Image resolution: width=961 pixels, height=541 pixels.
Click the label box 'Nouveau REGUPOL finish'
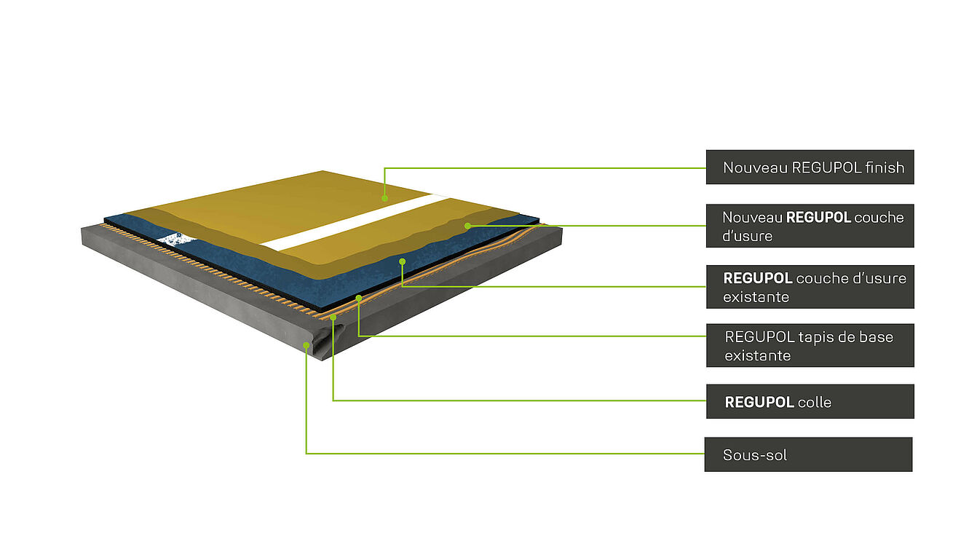point(810,167)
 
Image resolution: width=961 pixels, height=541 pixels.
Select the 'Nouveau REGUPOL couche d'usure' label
point(810,226)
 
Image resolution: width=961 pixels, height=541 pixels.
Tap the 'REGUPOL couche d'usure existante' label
point(810,287)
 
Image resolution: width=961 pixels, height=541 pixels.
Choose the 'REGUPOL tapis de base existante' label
point(810,346)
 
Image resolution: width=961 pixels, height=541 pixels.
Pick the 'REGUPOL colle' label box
point(810,402)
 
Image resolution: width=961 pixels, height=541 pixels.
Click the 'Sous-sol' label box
point(808,455)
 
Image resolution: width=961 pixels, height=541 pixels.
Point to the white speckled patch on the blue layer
point(175,238)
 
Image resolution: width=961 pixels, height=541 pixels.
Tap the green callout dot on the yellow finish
point(384,197)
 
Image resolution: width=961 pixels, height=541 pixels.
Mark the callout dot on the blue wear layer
point(402,260)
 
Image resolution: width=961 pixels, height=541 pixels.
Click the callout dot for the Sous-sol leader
point(306,345)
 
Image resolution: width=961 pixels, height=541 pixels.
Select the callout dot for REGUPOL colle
point(333,317)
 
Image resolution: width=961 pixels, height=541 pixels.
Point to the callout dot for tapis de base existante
point(358,298)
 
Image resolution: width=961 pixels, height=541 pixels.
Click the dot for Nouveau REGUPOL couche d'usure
point(467,226)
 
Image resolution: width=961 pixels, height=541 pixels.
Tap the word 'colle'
point(814,402)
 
